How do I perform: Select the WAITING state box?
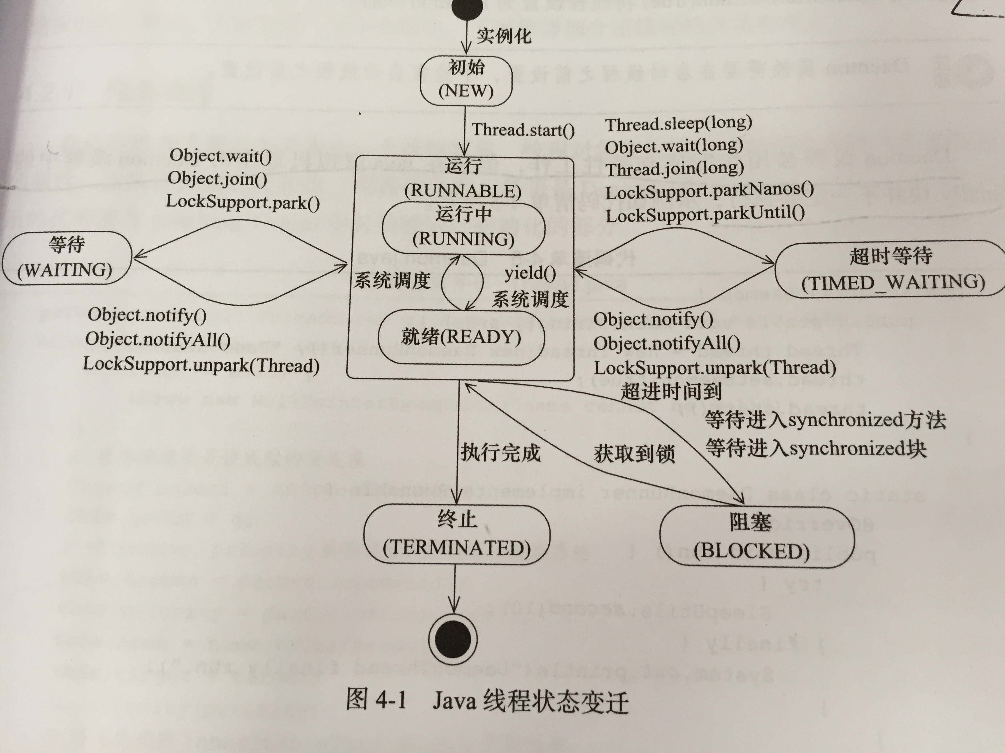[x=67, y=259]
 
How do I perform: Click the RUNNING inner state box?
[x=463, y=227]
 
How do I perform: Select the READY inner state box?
[x=461, y=337]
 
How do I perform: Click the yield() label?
[x=530, y=273]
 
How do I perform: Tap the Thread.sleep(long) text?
[x=678, y=123]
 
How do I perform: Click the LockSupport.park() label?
[x=243, y=201]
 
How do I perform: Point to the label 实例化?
[x=504, y=36]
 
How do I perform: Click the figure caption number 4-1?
[x=390, y=701]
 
